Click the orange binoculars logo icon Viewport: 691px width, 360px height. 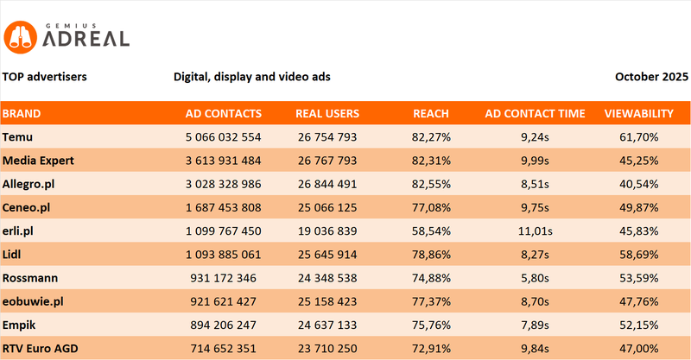20,35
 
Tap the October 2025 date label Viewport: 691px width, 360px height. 651,77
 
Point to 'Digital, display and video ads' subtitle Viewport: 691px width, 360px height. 252,77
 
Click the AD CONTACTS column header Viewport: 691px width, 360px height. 224,113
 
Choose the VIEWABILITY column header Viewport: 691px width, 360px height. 638,113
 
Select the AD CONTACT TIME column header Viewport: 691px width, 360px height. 535,113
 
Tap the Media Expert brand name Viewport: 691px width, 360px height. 38,160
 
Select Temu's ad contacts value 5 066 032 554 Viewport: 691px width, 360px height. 224,136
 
